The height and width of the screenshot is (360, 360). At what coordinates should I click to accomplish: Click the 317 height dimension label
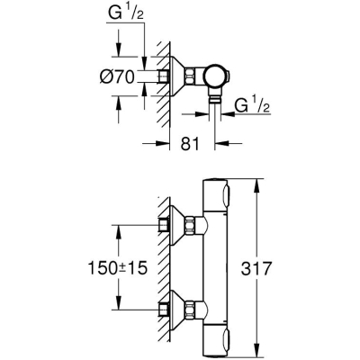coord(256,268)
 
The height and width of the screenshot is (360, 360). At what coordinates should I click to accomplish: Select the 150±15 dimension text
coord(118,268)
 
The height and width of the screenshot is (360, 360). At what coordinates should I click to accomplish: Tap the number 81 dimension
coord(190,144)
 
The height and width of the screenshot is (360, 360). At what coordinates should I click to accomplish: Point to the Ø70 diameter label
coord(116,76)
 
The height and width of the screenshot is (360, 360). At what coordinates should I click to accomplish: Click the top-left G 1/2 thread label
coord(125,14)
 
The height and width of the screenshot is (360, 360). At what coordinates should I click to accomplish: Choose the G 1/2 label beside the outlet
coord(252,106)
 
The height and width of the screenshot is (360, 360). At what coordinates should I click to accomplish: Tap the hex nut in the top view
coord(190,76)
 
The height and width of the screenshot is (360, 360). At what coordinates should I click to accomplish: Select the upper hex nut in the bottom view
coord(190,225)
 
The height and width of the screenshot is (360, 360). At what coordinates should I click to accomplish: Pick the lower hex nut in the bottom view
coord(190,310)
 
